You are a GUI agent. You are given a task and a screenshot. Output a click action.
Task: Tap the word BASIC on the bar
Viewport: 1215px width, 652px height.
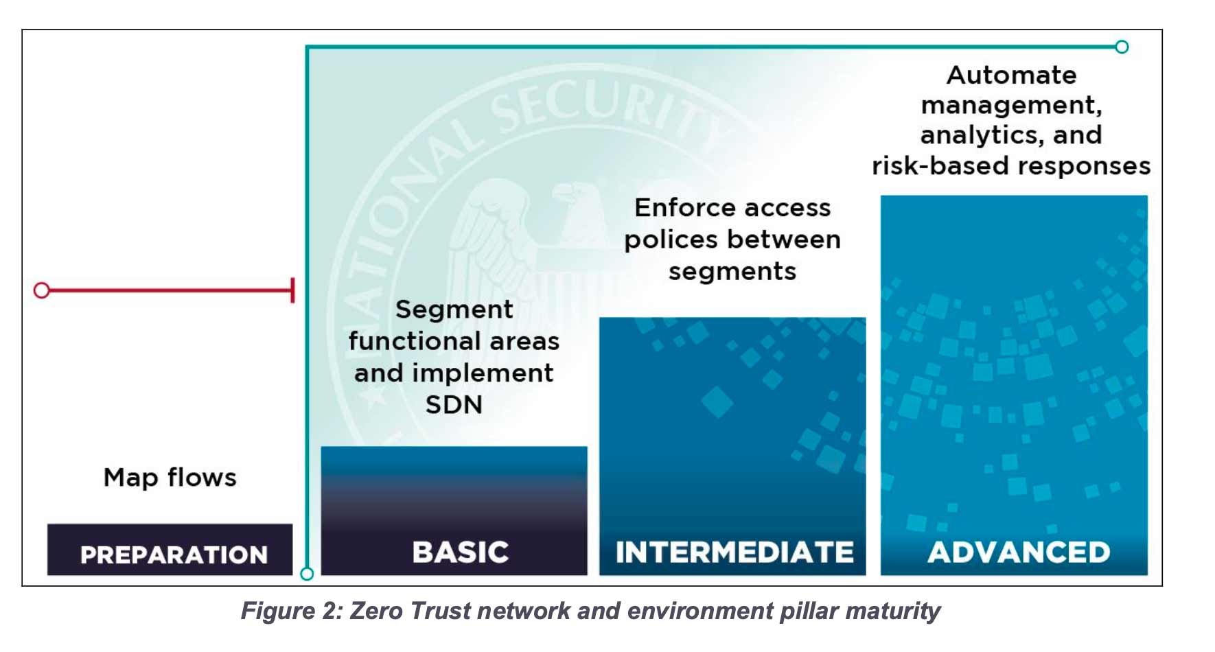click(x=461, y=552)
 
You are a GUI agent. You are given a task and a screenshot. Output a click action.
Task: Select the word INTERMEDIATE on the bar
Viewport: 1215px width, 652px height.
click(x=734, y=552)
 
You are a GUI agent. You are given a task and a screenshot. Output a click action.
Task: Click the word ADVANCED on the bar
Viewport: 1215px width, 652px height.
click(x=1018, y=552)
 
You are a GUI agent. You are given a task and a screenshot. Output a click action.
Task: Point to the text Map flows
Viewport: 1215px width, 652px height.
click(x=170, y=477)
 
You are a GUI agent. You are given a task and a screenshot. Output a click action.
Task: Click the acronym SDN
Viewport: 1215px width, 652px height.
click(x=454, y=404)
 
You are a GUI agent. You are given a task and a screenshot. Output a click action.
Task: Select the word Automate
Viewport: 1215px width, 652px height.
click(x=1011, y=75)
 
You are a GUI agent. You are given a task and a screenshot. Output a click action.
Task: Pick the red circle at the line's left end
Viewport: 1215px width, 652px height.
click(x=42, y=290)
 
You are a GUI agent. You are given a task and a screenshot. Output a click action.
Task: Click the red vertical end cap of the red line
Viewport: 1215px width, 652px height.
click(x=293, y=290)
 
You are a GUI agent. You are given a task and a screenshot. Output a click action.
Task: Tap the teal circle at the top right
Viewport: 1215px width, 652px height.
click(x=1122, y=47)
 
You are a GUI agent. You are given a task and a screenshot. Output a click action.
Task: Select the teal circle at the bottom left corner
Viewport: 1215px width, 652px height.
click(x=308, y=573)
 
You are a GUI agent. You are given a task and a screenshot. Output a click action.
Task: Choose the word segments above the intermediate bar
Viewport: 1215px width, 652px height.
click(x=732, y=272)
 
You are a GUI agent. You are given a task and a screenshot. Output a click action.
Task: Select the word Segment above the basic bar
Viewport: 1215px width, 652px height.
click(x=454, y=310)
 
